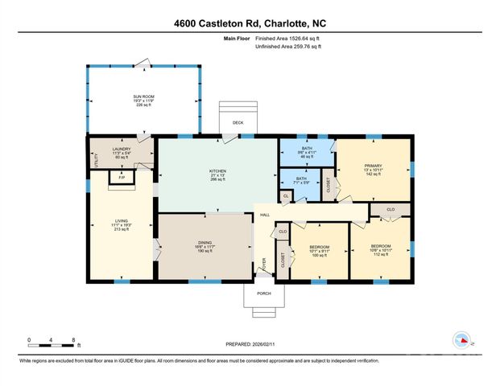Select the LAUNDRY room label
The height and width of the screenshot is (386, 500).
122,148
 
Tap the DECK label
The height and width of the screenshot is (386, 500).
238,123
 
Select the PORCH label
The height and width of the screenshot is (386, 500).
264,293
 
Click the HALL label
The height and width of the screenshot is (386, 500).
264,215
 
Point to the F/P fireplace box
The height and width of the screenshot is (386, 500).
122,178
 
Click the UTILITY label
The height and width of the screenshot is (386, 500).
94,158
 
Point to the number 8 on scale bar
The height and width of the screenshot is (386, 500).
73,340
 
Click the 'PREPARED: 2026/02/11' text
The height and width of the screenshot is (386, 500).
249,344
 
